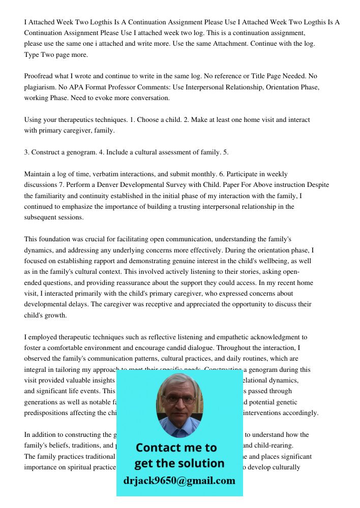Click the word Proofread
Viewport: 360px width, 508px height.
coord(40,76)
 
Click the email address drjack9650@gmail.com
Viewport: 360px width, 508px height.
coord(179,481)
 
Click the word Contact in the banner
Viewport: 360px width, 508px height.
coord(159,448)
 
